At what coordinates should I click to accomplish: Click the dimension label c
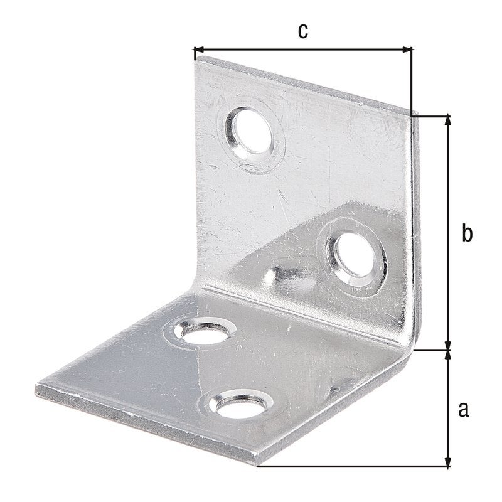[x=303, y=31]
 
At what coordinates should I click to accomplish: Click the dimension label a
[x=464, y=410]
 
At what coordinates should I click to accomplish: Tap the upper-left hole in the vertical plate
[x=250, y=131]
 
